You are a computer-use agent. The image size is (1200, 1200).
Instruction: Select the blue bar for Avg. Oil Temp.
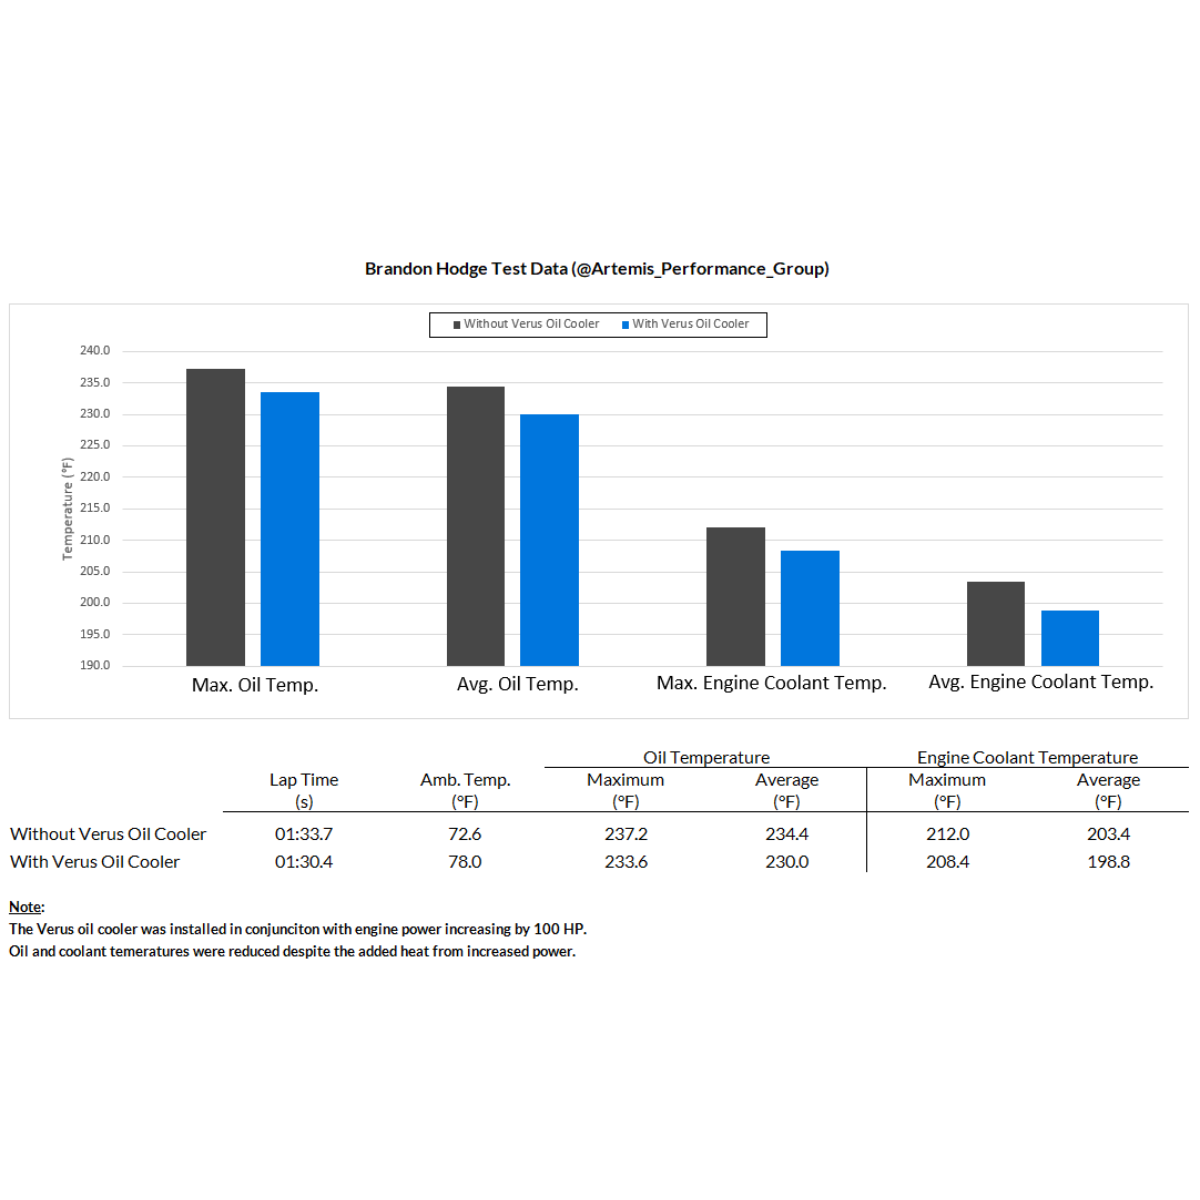[549, 540]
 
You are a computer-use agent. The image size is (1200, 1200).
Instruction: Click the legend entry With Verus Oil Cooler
[685, 324]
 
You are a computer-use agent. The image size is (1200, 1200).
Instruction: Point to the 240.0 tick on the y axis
[95, 351]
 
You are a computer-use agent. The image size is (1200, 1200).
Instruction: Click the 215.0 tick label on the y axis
[95, 508]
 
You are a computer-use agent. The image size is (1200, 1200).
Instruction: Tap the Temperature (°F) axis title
[68, 508]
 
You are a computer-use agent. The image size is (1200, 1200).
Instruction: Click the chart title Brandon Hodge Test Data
[597, 269]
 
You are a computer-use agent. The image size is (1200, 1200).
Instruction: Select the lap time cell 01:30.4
[304, 862]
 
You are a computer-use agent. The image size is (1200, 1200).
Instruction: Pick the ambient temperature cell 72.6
[465, 834]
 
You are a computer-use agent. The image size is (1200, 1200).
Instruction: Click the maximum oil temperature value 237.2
[626, 834]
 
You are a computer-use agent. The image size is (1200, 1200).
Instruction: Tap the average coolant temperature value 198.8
[1108, 862]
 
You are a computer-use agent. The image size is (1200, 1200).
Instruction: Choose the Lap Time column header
[304, 780]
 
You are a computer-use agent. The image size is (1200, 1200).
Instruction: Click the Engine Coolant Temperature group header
[1027, 758]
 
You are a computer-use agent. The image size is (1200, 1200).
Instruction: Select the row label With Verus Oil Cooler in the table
[95, 862]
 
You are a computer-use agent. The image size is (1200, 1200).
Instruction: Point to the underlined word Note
[26, 907]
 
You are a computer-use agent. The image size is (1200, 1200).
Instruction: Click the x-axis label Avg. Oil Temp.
[517, 684]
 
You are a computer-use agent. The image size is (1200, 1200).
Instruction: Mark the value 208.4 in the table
[947, 862]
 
